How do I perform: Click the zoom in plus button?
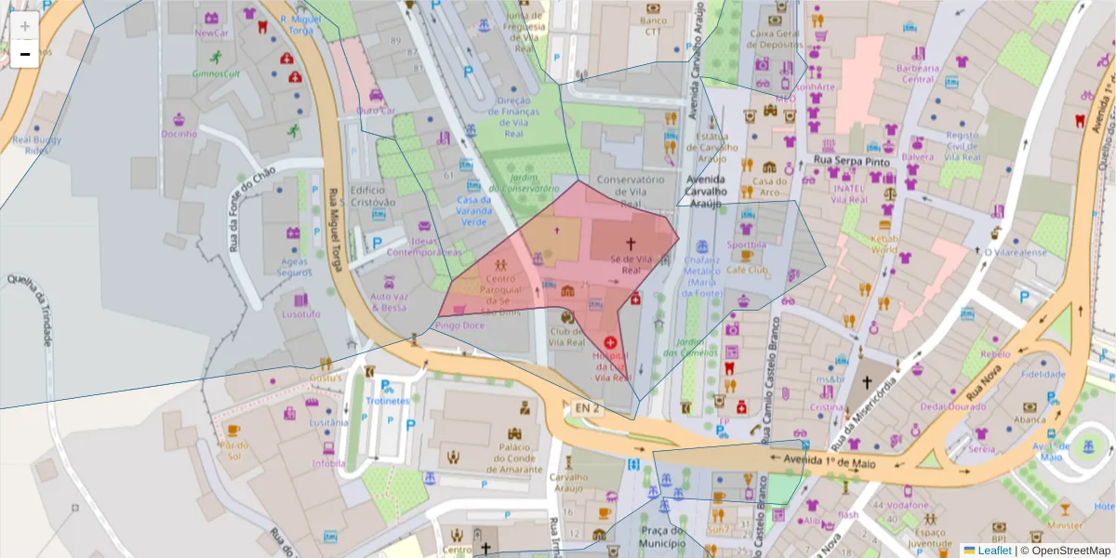pos(24,26)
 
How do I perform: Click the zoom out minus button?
pos(24,54)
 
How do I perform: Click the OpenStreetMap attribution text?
pos(1064,551)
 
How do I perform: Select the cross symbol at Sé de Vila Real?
pos(630,245)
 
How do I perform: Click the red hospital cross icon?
pos(610,343)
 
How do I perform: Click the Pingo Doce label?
pos(459,326)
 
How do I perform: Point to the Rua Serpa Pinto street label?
pos(852,161)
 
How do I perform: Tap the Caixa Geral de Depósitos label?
pos(776,38)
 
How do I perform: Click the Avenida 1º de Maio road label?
pos(824,459)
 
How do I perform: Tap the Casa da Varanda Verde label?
pos(473,211)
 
